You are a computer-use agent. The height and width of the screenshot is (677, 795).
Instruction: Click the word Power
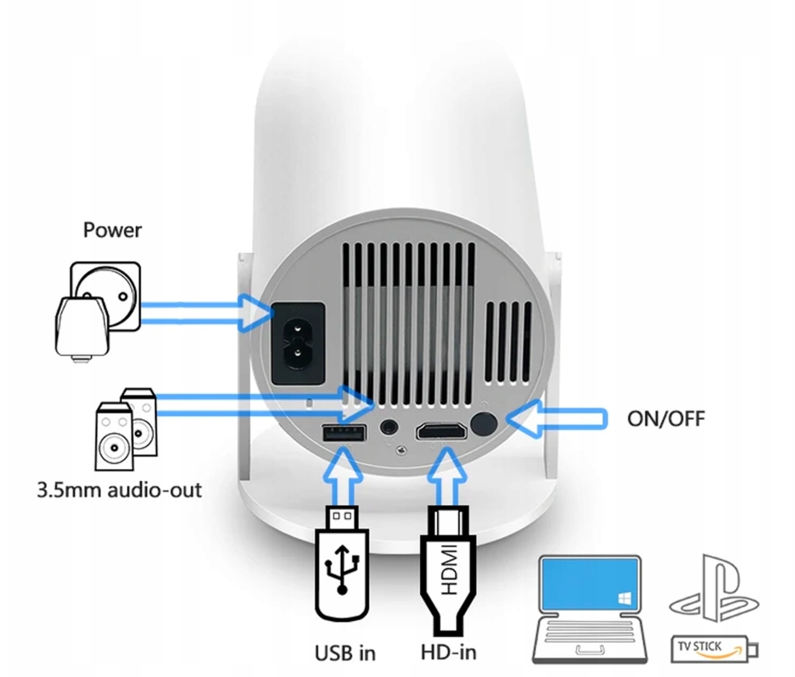click(x=112, y=230)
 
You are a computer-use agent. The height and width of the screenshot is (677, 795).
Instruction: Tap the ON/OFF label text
click(x=666, y=418)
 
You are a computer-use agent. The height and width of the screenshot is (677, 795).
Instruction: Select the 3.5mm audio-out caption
click(x=119, y=490)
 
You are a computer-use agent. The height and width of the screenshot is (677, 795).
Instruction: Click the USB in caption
click(x=345, y=653)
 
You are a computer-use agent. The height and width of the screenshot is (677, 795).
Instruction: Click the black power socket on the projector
click(x=298, y=343)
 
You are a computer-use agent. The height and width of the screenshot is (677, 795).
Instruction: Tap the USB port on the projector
click(x=344, y=433)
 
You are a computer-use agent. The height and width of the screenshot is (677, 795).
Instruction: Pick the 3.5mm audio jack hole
click(x=389, y=427)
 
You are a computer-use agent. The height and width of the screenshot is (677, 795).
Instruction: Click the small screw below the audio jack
click(x=401, y=449)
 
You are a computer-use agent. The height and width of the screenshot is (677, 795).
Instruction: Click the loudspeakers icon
click(x=126, y=429)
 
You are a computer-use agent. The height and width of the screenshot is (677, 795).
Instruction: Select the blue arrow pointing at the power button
click(x=557, y=418)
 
